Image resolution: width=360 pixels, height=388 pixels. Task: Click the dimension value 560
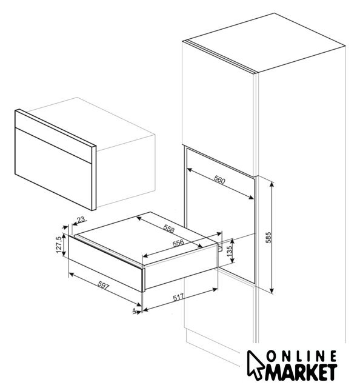pyautogui.click(x=219, y=180)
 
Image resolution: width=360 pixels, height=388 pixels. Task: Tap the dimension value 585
pyautogui.click(x=268, y=237)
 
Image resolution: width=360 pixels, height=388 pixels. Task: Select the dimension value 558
pyautogui.click(x=169, y=229)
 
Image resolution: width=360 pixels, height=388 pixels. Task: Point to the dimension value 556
pyautogui.click(x=178, y=243)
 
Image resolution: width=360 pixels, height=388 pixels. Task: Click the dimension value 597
pyautogui.click(x=103, y=286)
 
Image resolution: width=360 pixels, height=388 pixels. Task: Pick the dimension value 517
pyautogui.click(x=178, y=297)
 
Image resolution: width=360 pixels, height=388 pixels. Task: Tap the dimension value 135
pyautogui.click(x=229, y=251)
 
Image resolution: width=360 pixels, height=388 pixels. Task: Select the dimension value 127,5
pyautogui.click(x=59, y=245)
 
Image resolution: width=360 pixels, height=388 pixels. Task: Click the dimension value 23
pyautogui.click(x=81, y=219)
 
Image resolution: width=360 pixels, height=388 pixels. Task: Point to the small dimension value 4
pyautogui.click(x=135, y=310)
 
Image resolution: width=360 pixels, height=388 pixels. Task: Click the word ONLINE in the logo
pyautogui.click(x=302, y=357)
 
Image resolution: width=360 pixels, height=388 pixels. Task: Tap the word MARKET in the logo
pyautogui.click(x=301, y=372)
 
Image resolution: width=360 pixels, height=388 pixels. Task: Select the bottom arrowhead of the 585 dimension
pyautogui.click(x=272, y=291)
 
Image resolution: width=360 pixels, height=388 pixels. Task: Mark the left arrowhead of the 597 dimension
pyautogui.click(x=71, y=273)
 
